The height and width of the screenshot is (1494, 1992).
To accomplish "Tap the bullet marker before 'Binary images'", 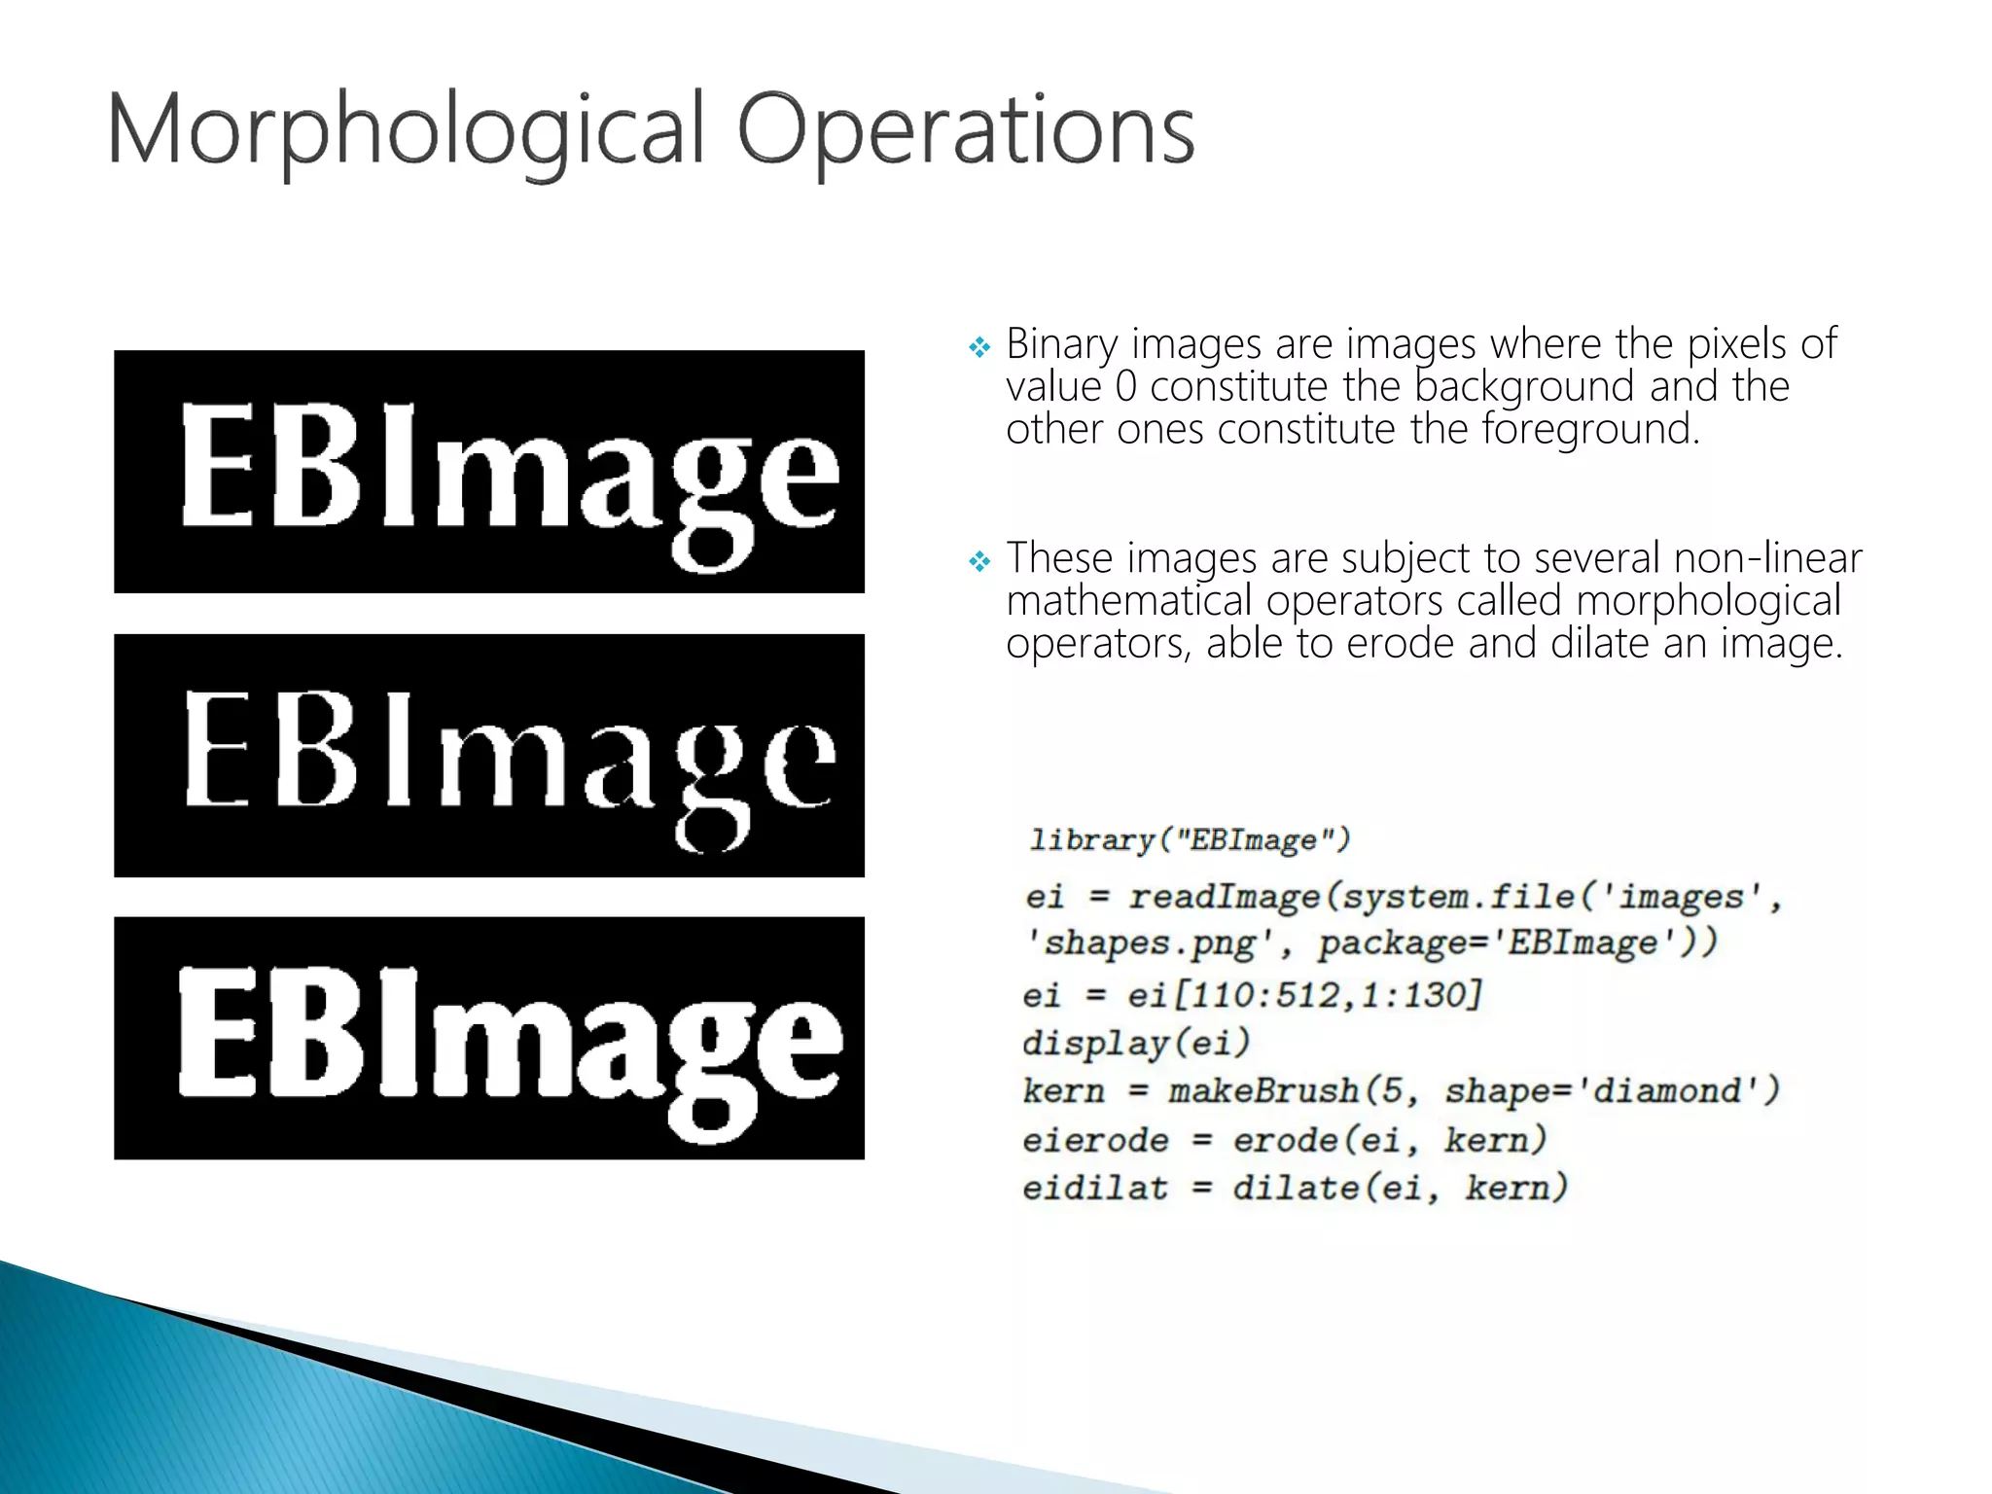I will (979, 346).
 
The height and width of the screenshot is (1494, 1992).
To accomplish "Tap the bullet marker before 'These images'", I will (979, 561).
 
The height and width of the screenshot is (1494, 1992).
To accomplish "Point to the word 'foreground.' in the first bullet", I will (1590, 430).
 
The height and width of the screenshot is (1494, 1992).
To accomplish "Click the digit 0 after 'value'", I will (1125, 387).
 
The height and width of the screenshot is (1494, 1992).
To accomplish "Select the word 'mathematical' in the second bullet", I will (1128, 601).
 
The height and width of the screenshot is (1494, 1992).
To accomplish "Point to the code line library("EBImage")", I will (1190, 839).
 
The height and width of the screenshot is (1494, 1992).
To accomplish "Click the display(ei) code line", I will (1135, 1044).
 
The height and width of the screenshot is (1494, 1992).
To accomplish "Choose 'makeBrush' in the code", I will (1264, 1091).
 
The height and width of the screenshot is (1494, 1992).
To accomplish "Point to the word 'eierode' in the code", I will (1095, 1140).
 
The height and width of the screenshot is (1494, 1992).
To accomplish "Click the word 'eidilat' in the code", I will (1095, 1189).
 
